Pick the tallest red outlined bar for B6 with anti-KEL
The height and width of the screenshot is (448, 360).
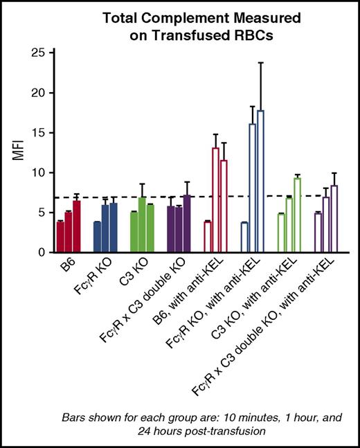[x=215, y=200]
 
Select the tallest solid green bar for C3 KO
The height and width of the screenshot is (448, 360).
[x=143, y=225]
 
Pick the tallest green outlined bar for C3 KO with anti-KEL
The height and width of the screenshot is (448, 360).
[x=297, y=215]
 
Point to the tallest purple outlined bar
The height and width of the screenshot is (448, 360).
[x=334, y=219]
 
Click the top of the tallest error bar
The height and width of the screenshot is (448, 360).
[x=260, y=63]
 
